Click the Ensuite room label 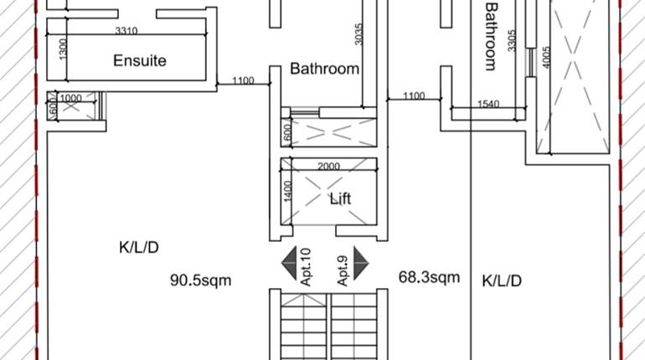tap(140, 60)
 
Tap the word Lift tap(339, 199)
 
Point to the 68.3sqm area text tap(428, 276)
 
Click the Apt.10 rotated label tap(306, 266)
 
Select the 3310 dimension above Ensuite tap(126, 31)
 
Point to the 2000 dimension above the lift tap(328, 166)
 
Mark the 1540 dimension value tap(489, 104)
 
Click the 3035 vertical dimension tap(359, 33)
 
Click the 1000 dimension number tap(71, 98)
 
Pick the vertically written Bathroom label tap(492, 36)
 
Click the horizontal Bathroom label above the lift tap(325, 69)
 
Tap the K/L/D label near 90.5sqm tap(139, 247)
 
